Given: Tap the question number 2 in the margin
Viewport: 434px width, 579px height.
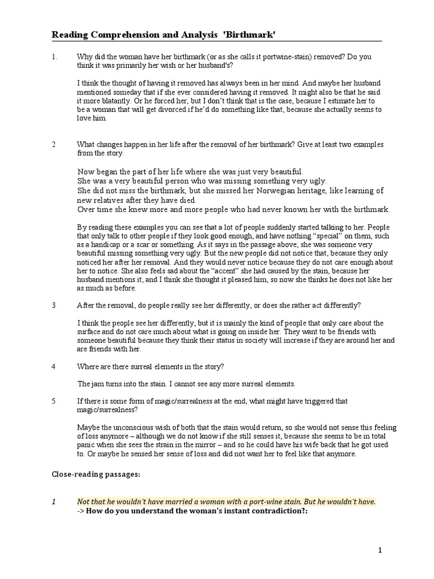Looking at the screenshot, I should tap(54, 144).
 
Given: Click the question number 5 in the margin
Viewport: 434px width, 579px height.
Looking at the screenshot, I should tap(54, 400).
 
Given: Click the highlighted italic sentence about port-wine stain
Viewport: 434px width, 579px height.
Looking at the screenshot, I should tap(226, 502).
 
